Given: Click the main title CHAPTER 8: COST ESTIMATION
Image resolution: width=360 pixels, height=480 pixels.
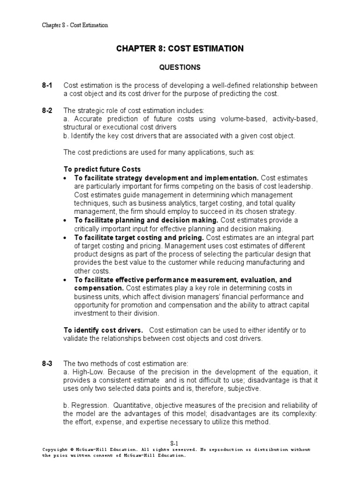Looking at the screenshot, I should tap(180, 48).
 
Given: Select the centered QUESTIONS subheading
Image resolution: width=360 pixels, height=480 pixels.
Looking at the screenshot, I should tap(180, 67).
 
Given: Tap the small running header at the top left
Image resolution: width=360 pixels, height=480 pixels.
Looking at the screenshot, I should tap(75, 25).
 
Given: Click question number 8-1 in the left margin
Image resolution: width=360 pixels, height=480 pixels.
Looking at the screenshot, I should tap(47, 85).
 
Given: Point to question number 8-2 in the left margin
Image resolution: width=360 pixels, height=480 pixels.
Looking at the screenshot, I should tap(47, 111).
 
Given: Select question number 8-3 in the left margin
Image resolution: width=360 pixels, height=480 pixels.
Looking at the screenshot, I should tap(47, 363).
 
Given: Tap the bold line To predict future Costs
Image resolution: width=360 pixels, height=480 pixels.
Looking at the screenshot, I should tap(102, 169).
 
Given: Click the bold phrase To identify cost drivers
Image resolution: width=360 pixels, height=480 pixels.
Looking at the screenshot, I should tap(103, 330).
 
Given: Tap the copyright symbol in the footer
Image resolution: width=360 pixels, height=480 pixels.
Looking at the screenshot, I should tap(74, 450).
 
